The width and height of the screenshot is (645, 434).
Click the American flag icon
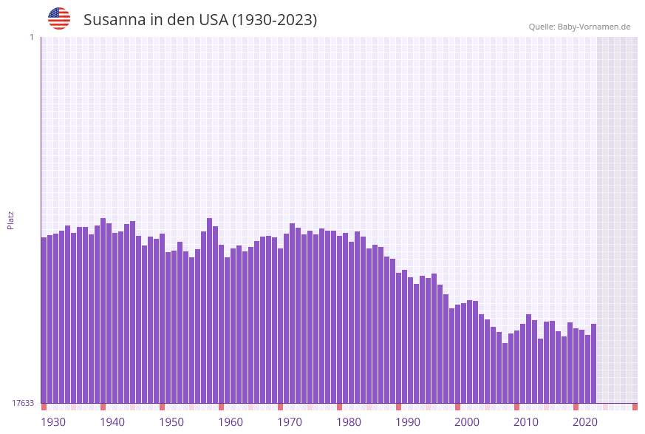pyautogui.click(x=59, y=18)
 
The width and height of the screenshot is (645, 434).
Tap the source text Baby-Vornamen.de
pyautogui.click(x=594, y=27)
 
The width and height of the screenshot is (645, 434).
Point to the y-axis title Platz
pyautogui.click(x=11, y=220)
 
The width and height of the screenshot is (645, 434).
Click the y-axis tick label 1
pyautogui.click(x=31, y=37)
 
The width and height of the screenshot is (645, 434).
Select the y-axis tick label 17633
pyautogui.click(x=23, y=403)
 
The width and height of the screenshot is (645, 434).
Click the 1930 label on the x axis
pyautogui.click(x=53, y=422)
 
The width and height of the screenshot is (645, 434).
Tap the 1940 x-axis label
pyautogui.click(x=112, y=422)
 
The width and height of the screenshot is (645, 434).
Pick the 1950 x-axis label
pyautogui.click(x=171, y=422)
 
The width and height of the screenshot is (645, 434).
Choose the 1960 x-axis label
pyautogui.click(x=231, y=422)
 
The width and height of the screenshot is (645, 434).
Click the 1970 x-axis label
pyautogui.click(x=290, y=422)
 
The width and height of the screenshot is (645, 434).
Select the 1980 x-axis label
pyautogui.click(x=349, y=422)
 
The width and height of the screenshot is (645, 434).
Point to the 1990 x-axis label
pyautogui.click(x=408, y=422)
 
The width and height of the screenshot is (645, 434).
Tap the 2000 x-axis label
pyautogui.click(x=467, y=422)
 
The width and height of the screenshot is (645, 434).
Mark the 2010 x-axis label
pyautogui.click(x=526, y=422)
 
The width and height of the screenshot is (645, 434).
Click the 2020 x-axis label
pyautogui.click(x=585, y=422)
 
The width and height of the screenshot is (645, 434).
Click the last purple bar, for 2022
pyautogui.click(x=593, y=363)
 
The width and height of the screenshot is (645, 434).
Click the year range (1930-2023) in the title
pyautogui.click(x=274, y=20)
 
